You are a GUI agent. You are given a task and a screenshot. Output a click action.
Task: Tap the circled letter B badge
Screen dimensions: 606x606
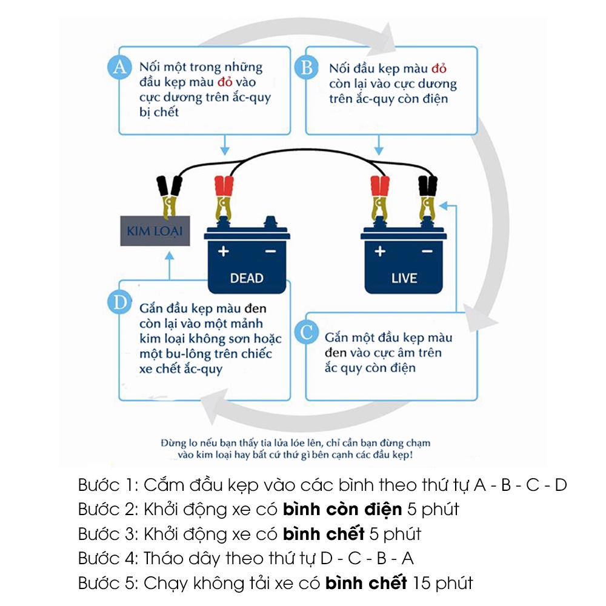pos(307,67)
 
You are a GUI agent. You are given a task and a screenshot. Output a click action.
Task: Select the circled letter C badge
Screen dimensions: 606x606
pos(307,332)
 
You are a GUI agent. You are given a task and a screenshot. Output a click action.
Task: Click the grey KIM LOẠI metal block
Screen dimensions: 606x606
pos(155,230)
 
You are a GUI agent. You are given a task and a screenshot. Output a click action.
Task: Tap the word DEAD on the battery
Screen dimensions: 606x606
pos(247,278)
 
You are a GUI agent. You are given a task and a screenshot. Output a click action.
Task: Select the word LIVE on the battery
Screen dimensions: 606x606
pos(404,278)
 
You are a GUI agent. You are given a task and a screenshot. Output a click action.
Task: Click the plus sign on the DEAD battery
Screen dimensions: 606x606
pos(224,251)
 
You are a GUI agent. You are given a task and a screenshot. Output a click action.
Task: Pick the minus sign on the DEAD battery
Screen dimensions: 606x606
pos(270,251)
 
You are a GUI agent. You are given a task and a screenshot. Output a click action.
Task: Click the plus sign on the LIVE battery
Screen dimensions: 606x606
pos(380,251)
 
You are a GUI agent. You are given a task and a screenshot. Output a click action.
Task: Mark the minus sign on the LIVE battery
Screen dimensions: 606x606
pos(427,251)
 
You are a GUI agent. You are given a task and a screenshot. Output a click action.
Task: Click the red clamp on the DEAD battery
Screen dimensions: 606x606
pos(224,194)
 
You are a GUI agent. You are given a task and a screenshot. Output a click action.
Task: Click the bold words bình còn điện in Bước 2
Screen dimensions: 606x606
pos(342,510)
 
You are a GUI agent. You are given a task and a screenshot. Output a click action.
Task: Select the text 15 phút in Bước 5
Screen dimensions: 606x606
pos(442,583)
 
